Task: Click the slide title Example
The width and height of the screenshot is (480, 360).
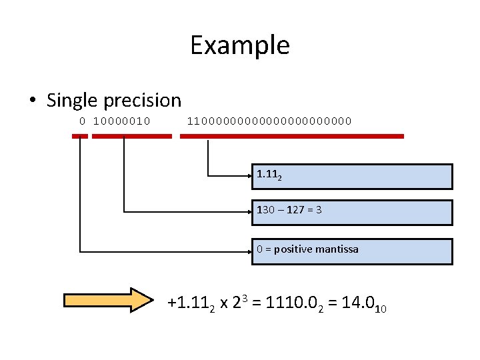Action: click(240, 46)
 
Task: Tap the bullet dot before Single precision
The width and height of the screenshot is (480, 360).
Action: click(33, 100)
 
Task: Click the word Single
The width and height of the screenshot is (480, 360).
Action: click(71, 101)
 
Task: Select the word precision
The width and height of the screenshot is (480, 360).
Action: click(143, 101)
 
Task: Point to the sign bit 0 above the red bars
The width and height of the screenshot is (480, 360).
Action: click(82, 121)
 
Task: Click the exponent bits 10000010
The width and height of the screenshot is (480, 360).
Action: click(121, 121)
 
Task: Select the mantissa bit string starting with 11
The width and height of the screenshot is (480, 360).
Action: click(269, 121)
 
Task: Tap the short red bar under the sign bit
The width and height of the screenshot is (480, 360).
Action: click(80, 136)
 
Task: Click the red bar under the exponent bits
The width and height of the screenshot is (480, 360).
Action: click(132, 136)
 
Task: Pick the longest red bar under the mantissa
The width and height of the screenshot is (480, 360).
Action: click(292, 136)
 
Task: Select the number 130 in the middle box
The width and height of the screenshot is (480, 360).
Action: click(265, 210)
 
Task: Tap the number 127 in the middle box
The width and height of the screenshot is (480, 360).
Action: click(295, 210)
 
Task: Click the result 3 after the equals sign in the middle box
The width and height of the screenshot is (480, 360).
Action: click(319, 210)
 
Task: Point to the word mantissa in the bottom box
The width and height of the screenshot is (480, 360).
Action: click(337, 249)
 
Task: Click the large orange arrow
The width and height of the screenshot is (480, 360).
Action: click(109, 300)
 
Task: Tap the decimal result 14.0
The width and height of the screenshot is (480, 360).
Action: click(358, 303)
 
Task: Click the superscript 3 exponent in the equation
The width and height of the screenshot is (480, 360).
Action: click(245, 298)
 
